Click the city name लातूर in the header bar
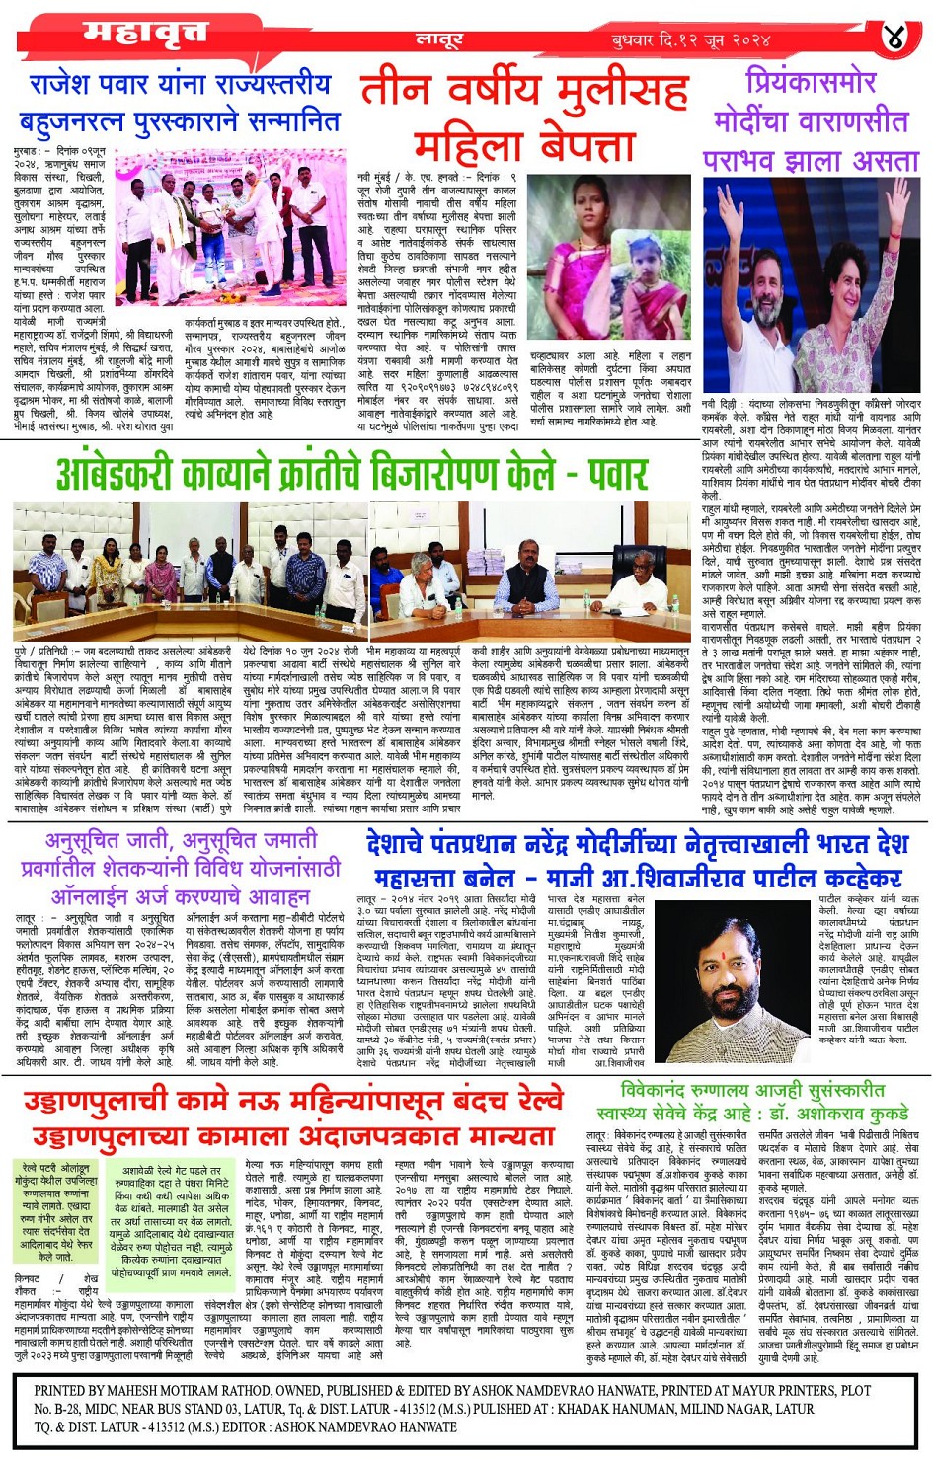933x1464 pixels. click(x=439, y=40)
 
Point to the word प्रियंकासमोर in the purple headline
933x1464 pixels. click(x=811, y=81)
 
